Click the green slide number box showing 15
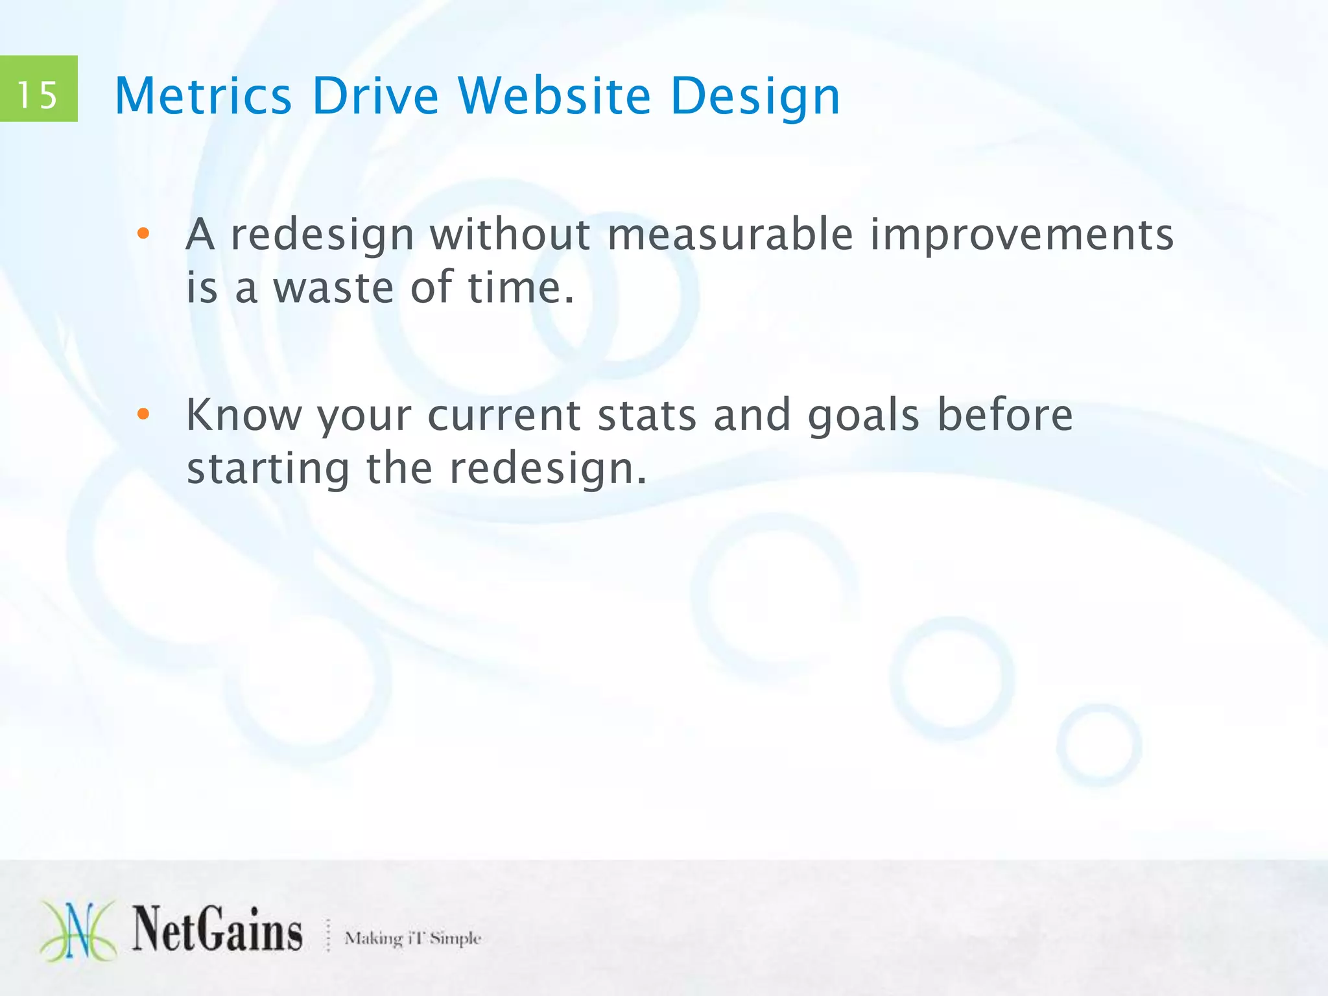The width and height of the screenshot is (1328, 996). point(38,89)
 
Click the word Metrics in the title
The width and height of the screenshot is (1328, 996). point(203,96)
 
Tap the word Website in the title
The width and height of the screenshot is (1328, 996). point(554,96)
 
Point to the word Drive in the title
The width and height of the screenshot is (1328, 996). point(375,96)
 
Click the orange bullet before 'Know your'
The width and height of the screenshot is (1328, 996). point(143,414)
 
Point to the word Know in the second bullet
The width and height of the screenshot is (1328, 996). point(244,415)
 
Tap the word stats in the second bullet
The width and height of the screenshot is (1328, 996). point(646,415)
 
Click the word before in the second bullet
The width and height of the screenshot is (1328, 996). point(1005,415)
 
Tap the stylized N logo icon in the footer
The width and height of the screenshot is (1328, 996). point(78,931)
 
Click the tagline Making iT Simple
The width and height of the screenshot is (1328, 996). point(412,938)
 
